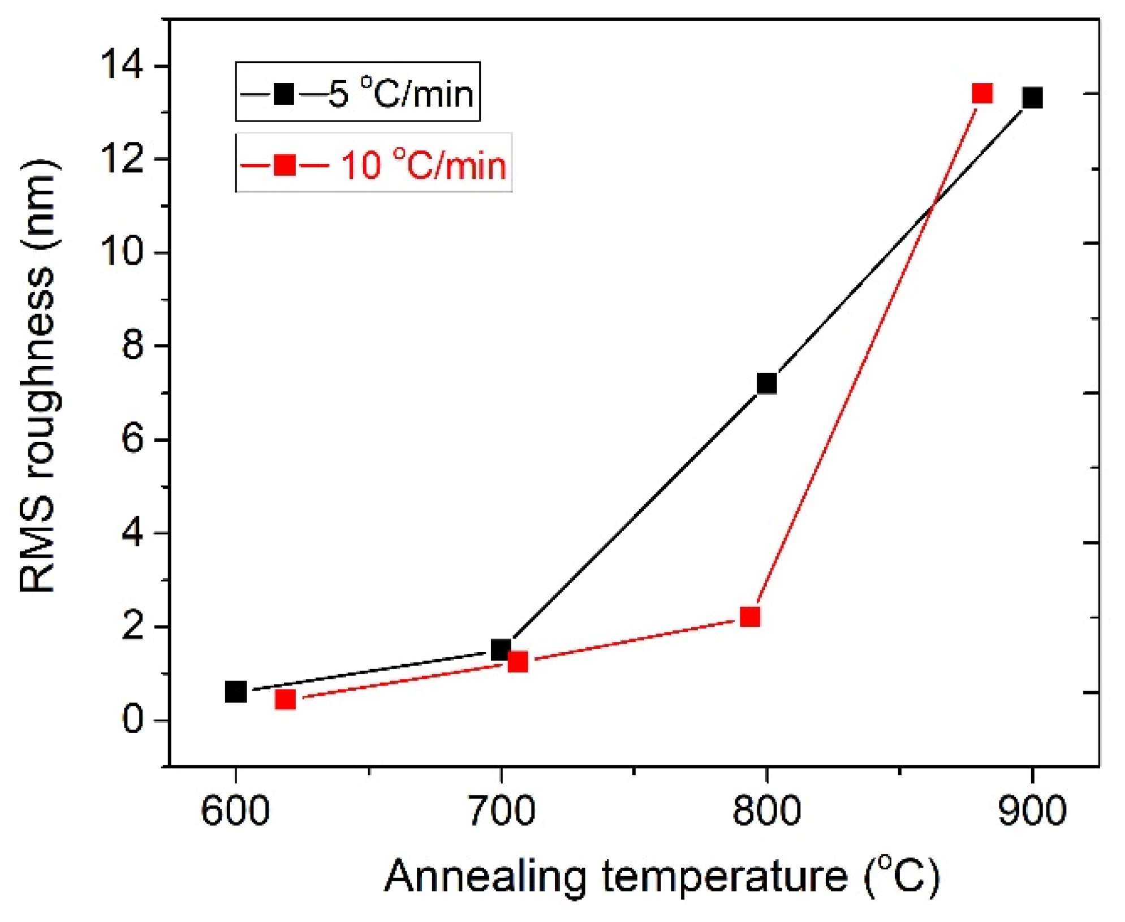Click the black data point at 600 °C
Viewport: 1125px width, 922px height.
235,691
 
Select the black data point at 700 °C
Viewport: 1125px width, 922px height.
501,650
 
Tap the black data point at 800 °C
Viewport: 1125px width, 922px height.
766,384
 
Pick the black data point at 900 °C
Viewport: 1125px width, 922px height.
1032,98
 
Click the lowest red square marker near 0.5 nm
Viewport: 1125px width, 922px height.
285,700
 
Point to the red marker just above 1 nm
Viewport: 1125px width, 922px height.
518,661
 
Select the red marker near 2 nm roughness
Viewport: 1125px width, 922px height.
750,617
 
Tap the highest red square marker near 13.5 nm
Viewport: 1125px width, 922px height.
982,93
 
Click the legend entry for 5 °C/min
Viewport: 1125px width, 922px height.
357,92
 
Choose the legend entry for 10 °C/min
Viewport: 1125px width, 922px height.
373,164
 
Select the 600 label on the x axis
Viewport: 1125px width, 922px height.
234,811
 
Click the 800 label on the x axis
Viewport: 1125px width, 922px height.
766,811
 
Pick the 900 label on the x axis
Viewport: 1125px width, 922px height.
1032,811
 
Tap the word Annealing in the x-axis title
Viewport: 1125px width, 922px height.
485,876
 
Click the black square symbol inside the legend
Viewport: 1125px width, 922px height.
283,94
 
